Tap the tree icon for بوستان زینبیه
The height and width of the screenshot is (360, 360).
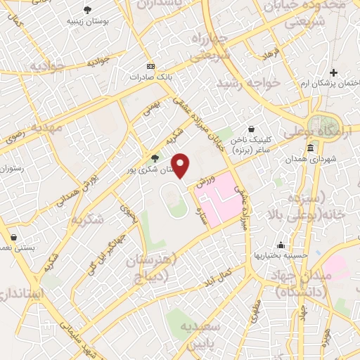click(87, 10)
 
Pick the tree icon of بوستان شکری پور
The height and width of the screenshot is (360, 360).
click(155, 157)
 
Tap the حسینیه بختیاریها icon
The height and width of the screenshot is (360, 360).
click(281, 245)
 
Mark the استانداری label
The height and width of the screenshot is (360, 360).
click(25, 292)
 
